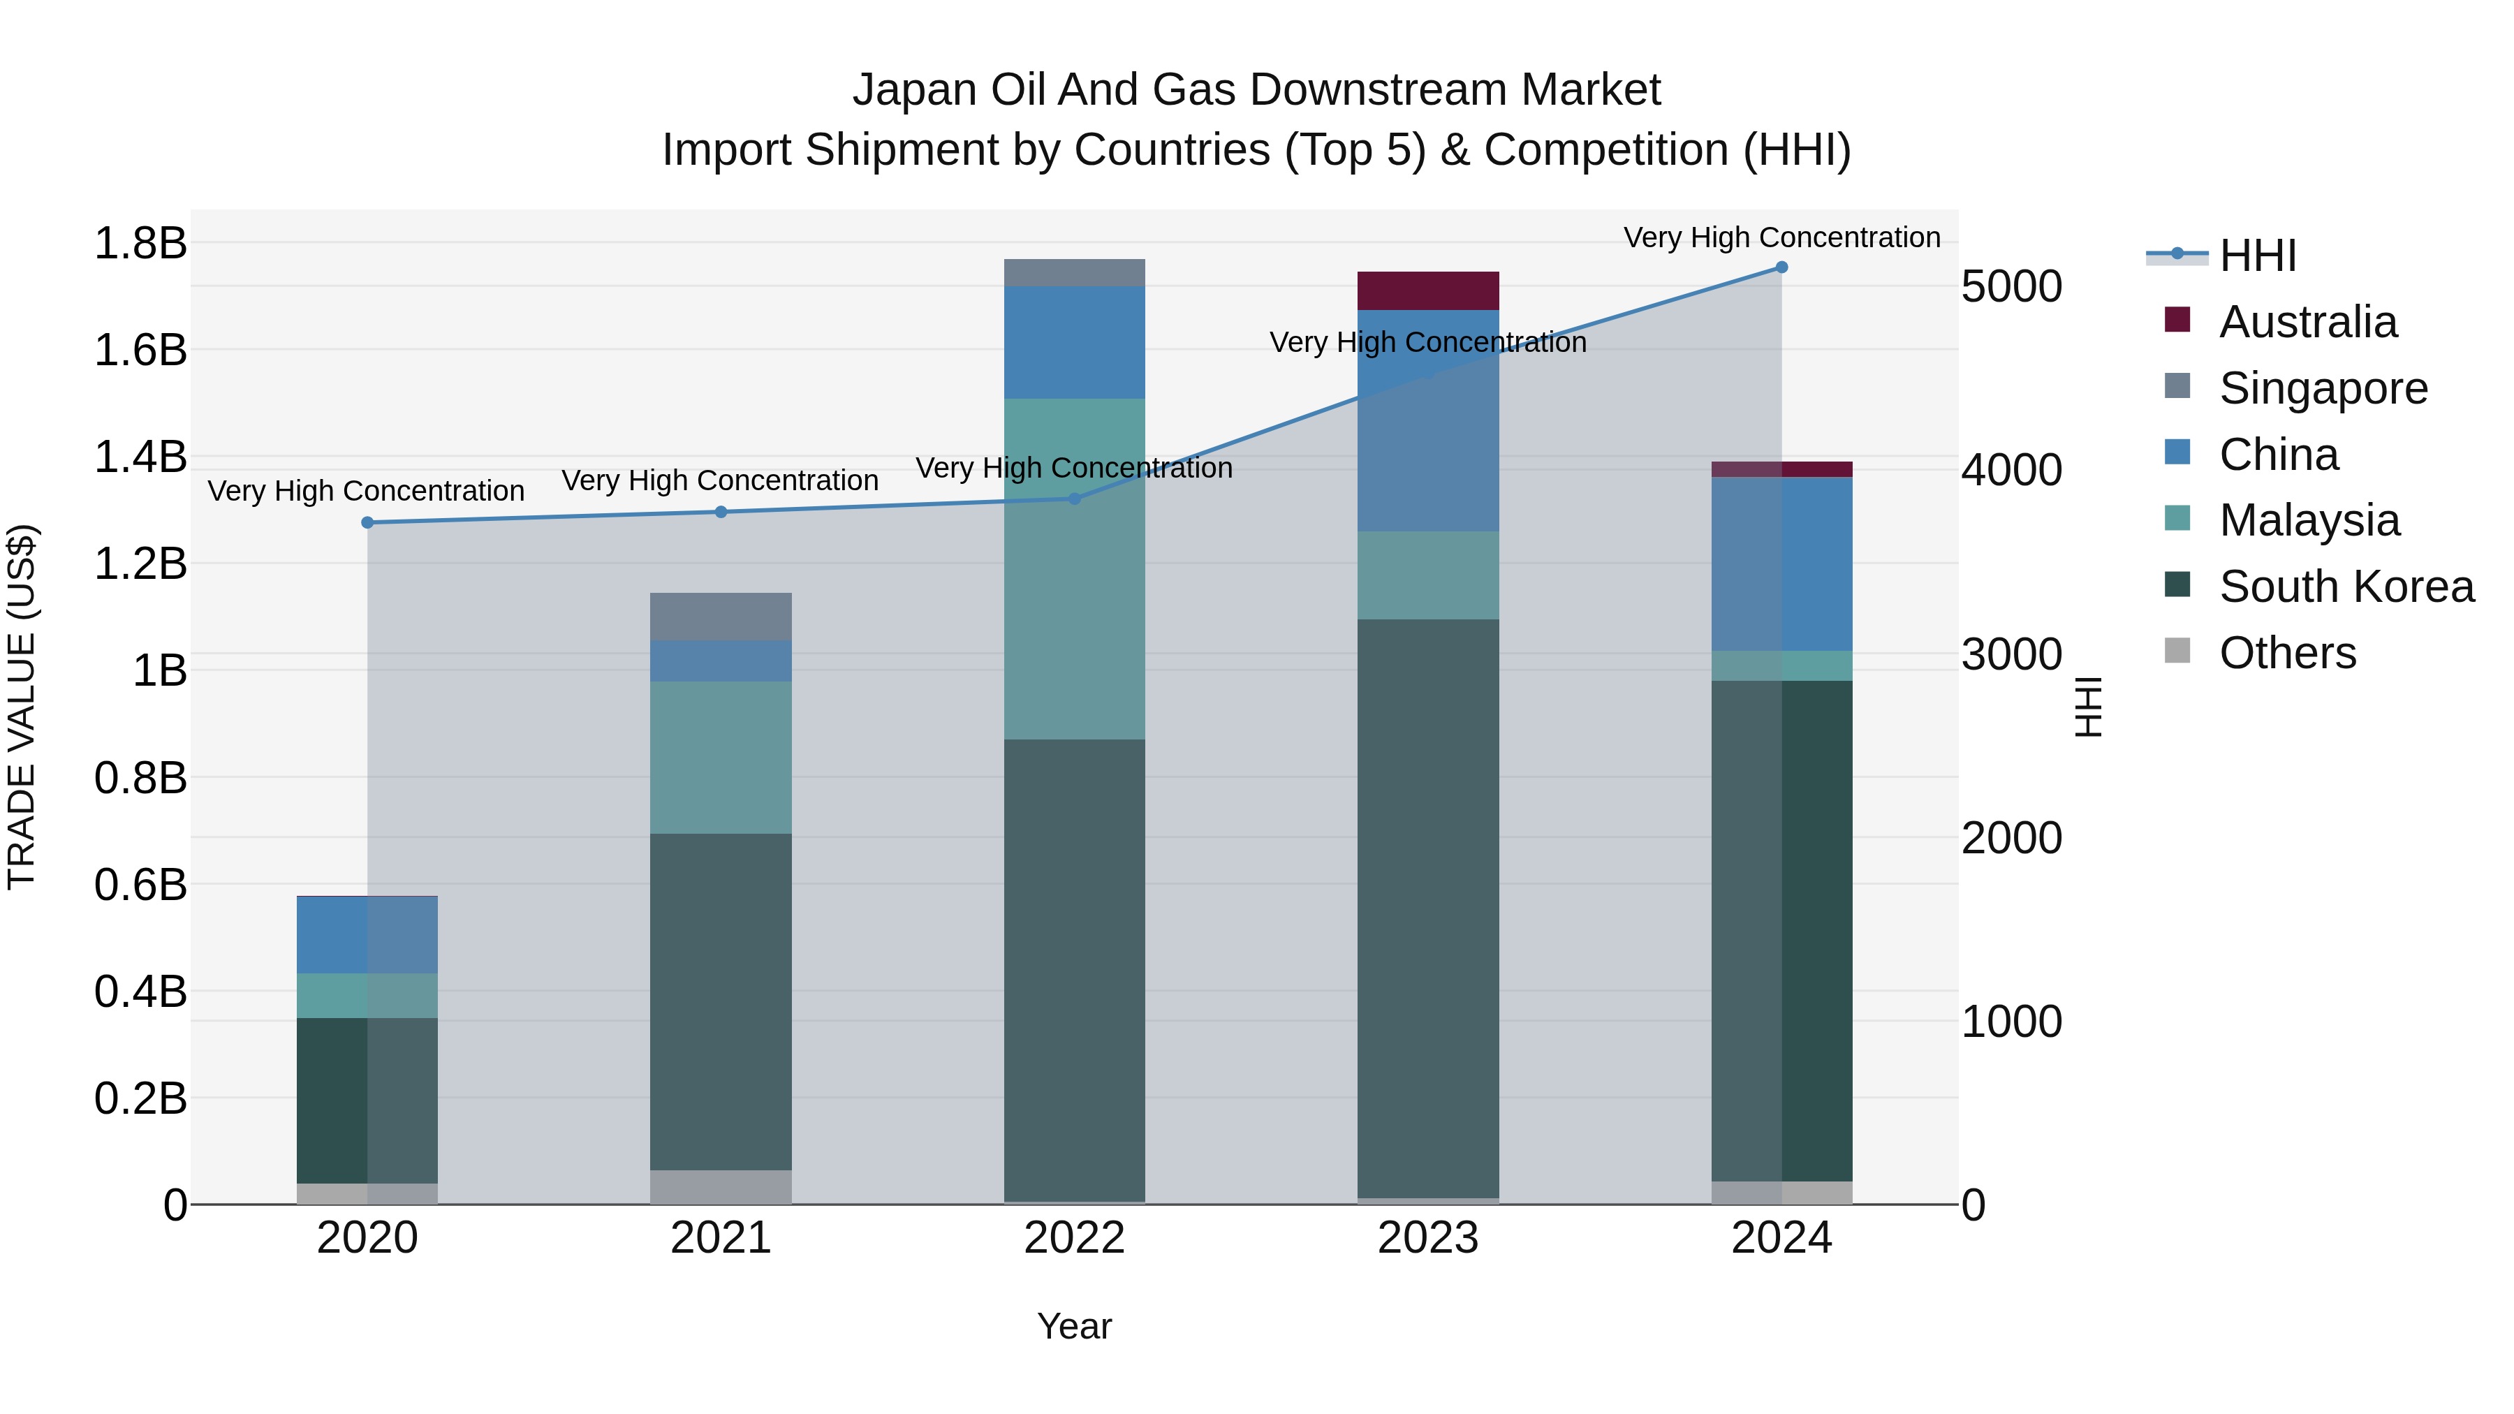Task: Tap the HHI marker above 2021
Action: click(x=721, y=513)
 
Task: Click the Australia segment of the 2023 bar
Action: click(x=1428, y=290)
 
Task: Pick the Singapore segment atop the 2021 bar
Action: click(x=721, y=617)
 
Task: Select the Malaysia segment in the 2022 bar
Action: click(x=1075, y=569)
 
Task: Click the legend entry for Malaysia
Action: click(x=2309, y=520)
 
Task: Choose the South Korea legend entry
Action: click(x=2346, y=587)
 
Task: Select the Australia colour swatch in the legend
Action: click(x=2177, y=320)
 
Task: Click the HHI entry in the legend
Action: click(x=2257, y=256)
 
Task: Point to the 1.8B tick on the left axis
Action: click(x=140, y=243)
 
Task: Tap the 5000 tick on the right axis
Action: click(x=2011, y=287)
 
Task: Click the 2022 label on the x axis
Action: click(x=1075, y=1238)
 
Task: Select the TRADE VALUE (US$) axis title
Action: click(x=22, y=707)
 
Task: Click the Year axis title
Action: click(x=1075, y=1326)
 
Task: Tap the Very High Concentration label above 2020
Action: click(x=366, y=491)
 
